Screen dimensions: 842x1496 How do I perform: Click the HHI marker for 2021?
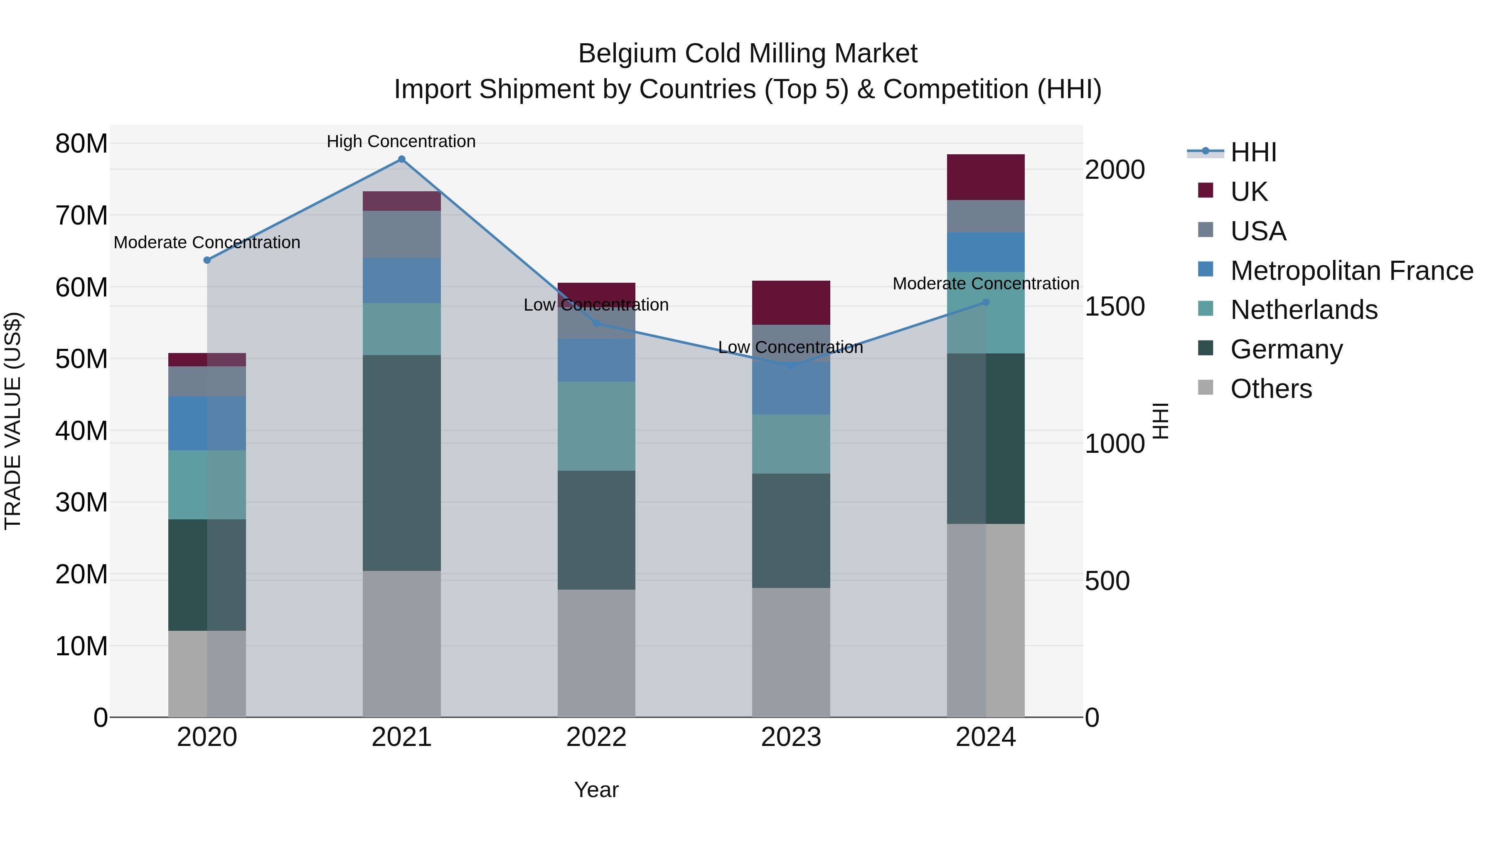(x=401, y=159)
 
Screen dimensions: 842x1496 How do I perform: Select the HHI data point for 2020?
(x=207, y=260)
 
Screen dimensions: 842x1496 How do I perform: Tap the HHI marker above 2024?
(x=986, y=303)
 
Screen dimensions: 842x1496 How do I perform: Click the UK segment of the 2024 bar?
(x=986, y=177)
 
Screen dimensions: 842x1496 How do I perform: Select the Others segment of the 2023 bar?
(x=791, y=652)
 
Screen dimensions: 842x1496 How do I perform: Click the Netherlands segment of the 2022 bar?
(x=596, y=426)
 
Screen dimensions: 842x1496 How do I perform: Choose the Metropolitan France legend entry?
(x=1351, y=271)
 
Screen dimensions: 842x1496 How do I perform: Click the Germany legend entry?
(x=1286, y=349)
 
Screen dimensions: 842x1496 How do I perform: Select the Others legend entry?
(x=1271, y=389)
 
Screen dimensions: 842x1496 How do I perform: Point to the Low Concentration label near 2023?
(x=790, y=348)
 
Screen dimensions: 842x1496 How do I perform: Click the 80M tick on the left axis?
(x=81, y=143)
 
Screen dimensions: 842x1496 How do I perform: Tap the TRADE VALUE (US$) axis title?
(x=13, y=421)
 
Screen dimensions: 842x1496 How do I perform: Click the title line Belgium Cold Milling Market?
(x=748, y=54)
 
